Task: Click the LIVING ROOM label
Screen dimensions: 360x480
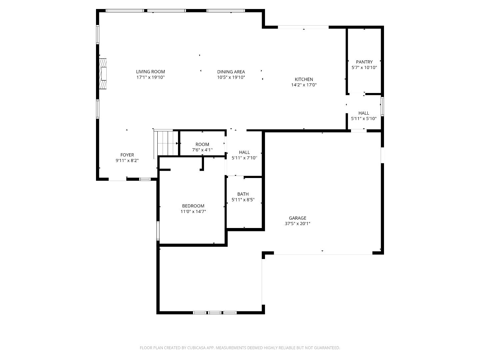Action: (x=150, y=72)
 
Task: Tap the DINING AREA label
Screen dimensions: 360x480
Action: (x=231, y=72)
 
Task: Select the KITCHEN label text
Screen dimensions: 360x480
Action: (x=304, y=79)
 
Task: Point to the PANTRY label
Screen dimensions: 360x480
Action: (x=364, y=62)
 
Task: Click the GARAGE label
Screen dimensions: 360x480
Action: (x=298, y=218)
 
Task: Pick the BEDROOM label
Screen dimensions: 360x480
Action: (x=193, y=206)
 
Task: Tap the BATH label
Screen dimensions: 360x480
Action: (x=243, y=194)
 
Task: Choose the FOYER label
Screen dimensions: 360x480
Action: (x=127, y=155)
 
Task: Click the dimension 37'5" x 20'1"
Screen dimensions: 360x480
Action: (x=298, y=224)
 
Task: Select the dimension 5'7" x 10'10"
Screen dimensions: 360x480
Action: (x=364, y=68)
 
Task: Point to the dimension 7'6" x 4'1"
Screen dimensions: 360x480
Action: (x=202, y=150)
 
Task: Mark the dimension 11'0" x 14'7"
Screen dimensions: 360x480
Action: (x=193, y=212)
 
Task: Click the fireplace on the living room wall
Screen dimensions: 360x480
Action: (x=103, y=74)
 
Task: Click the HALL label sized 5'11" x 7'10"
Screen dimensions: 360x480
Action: (x=244, y=152)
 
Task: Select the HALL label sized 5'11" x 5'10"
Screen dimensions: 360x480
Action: (x=364, y=113)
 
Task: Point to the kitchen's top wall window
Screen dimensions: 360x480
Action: (x=303, y=27)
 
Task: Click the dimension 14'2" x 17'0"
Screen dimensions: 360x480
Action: (x=304, y=85)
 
